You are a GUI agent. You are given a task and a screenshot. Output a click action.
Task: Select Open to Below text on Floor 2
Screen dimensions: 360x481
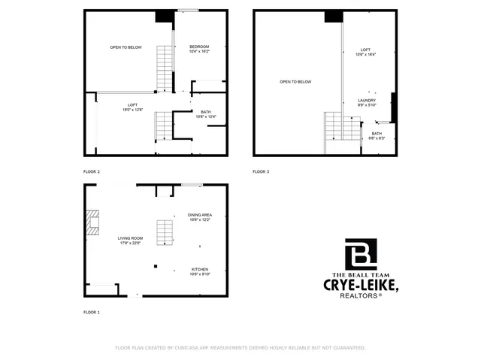point(126,47)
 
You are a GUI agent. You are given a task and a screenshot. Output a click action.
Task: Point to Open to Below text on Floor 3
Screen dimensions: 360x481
point(295,82)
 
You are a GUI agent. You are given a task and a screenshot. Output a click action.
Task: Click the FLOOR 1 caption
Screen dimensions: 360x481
point(92,312)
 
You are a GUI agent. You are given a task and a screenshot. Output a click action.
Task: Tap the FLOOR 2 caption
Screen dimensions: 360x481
point(92,172)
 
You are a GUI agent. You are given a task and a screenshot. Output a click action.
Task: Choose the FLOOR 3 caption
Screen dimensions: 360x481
point(261,172)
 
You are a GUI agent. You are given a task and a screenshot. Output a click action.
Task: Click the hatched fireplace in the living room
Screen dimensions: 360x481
point(92,223)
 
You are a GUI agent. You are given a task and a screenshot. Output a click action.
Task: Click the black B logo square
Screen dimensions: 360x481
point(361,254)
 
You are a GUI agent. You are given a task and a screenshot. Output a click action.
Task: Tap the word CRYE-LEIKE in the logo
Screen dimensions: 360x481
point(360,286)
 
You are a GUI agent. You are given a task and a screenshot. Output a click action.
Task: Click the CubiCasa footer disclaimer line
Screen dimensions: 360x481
point(240,348)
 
